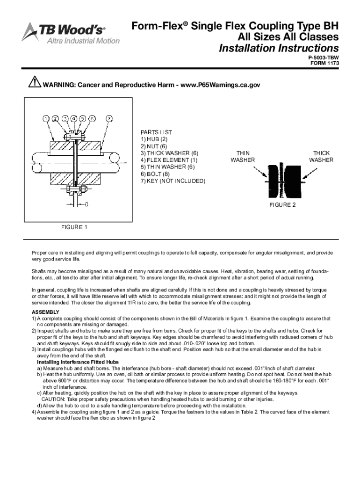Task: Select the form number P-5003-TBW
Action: click(324, 58)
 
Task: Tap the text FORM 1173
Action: click(325, 64)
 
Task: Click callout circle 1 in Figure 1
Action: click(46, 118)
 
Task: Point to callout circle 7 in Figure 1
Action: click(108, 118)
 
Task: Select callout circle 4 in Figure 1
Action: click(74, 118)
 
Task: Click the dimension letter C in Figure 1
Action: click(87, 204)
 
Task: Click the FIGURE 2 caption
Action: click(282, 205)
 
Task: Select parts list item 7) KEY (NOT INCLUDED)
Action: click(173, 181)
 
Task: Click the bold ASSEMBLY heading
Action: click(45, 312)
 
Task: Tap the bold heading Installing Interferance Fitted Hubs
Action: click(78, 362)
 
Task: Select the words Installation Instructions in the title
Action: click(279, 49)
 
